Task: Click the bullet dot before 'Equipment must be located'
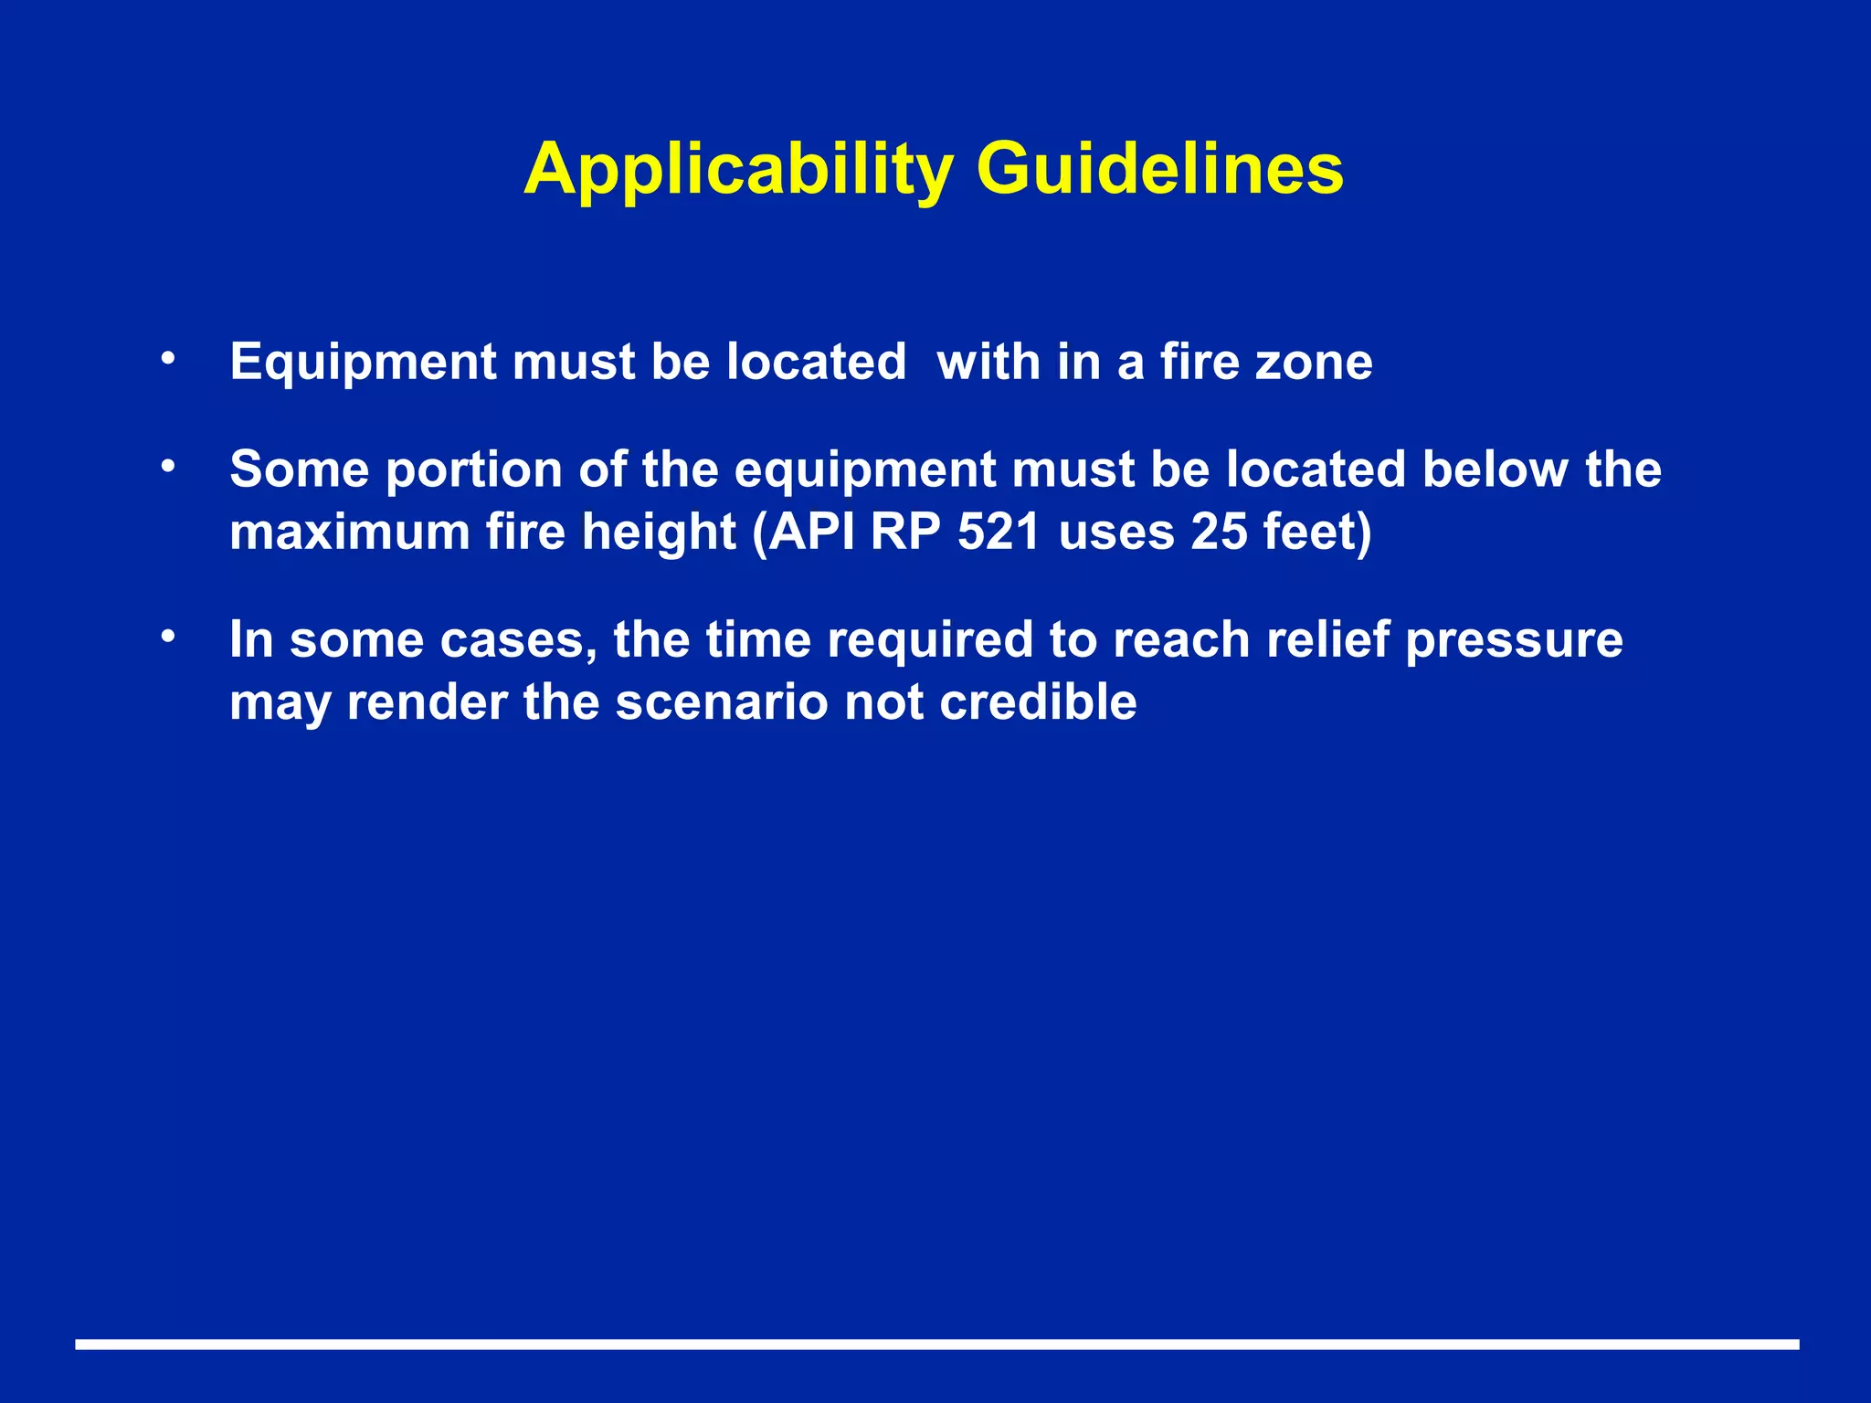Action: pos(166,359)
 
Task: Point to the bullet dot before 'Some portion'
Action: pos(166,467)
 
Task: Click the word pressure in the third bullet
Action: pos(1514,640)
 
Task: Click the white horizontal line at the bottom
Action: pos(936,1344)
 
